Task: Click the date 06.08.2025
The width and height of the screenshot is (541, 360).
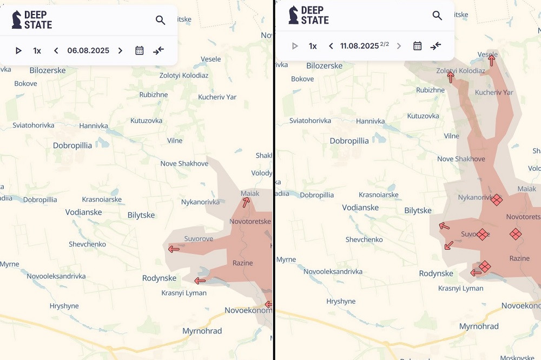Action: [x=88, y=51]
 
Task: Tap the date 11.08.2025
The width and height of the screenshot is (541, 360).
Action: [x=359, y=46]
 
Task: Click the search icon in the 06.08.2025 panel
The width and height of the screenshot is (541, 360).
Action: [x=160, y=21]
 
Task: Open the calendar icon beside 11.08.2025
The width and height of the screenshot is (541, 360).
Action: [x=417, y=46]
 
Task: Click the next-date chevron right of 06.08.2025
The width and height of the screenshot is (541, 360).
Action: [x=120, y=51]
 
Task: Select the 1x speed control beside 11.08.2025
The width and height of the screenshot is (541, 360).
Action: [x=313, y=46]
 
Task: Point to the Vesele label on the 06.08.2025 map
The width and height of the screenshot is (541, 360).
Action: [x=210, y=59]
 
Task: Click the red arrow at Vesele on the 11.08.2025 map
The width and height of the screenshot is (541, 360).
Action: [x=491, y=61]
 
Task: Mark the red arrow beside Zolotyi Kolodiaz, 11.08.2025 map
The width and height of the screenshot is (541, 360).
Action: [x=450, y=78]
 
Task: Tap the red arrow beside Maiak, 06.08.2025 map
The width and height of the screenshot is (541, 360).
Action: [x=246, y=203]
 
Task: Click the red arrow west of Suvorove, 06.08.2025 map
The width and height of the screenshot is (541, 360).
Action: [x=174, y=249]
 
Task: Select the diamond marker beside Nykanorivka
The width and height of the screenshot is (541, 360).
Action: [x=496, y=200]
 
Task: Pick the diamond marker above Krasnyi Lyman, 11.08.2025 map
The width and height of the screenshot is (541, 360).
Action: [x=484, y=266]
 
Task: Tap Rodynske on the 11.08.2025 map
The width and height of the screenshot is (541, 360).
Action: [x=436, y=274]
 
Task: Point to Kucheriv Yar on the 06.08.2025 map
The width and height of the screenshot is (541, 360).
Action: [x=217, y=97]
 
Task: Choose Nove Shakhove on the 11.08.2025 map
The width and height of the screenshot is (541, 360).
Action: [x=461, y=159]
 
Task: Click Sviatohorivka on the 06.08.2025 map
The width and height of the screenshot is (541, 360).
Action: [x=34, y=125]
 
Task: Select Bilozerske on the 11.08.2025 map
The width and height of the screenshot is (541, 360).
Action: [x=324, y=66]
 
